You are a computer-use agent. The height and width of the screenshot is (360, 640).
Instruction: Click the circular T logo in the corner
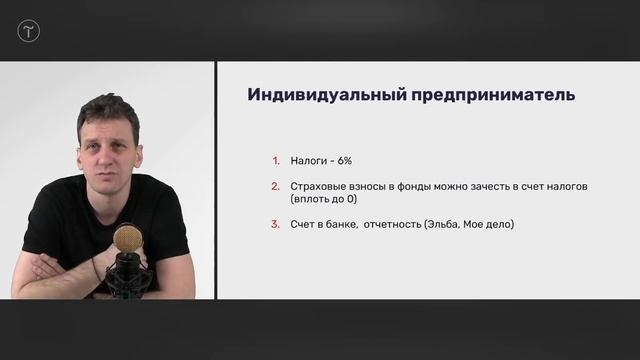[x=28, y=31]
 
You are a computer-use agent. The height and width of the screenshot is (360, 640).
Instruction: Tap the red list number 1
[x=275, y=159]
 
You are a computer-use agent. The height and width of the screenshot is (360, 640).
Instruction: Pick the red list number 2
[x=275, y=187]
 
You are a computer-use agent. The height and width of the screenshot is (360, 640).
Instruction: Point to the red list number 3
[x=275, y=224]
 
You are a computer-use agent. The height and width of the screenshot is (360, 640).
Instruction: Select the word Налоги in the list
[x=309, y=159]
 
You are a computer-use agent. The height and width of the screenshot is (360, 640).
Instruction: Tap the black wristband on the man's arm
[x=96, y=269]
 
